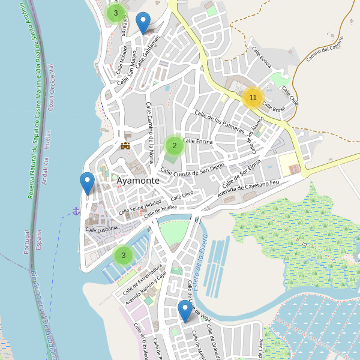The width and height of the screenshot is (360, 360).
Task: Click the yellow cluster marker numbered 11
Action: pyautogui.click(x=253, y=97)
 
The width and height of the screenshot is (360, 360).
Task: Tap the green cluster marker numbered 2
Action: pyautogui.click(x=174, y=145)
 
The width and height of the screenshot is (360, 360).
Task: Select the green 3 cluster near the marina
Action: pyautogui.click(x=123, y=255)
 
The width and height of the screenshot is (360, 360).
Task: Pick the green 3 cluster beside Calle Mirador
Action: pyautogui.click(x=115, y=13)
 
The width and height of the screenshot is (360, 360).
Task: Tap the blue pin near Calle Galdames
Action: pyautogui.click(x=143, y=23)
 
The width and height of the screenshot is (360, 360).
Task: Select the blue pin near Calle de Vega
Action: pyautogui.click(x=185, y=311)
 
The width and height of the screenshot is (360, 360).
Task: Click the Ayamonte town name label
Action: pyautogui.click(x=138, y=180)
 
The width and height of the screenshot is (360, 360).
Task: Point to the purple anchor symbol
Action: pyautogui.click(x=76, y=211)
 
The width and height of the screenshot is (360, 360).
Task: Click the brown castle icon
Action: pyautogui.click(x=125, y=145)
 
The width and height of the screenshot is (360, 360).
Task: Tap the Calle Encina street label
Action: pyautogui.click(x=198, y=141)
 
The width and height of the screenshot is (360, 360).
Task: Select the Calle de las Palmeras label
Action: pyautogui.click(x=220, y=122)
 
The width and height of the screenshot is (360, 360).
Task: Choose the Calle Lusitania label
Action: pyautogui.click(x=102, y=229)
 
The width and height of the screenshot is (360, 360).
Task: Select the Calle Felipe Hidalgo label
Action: pyautogui.click(x=140, y=207)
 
